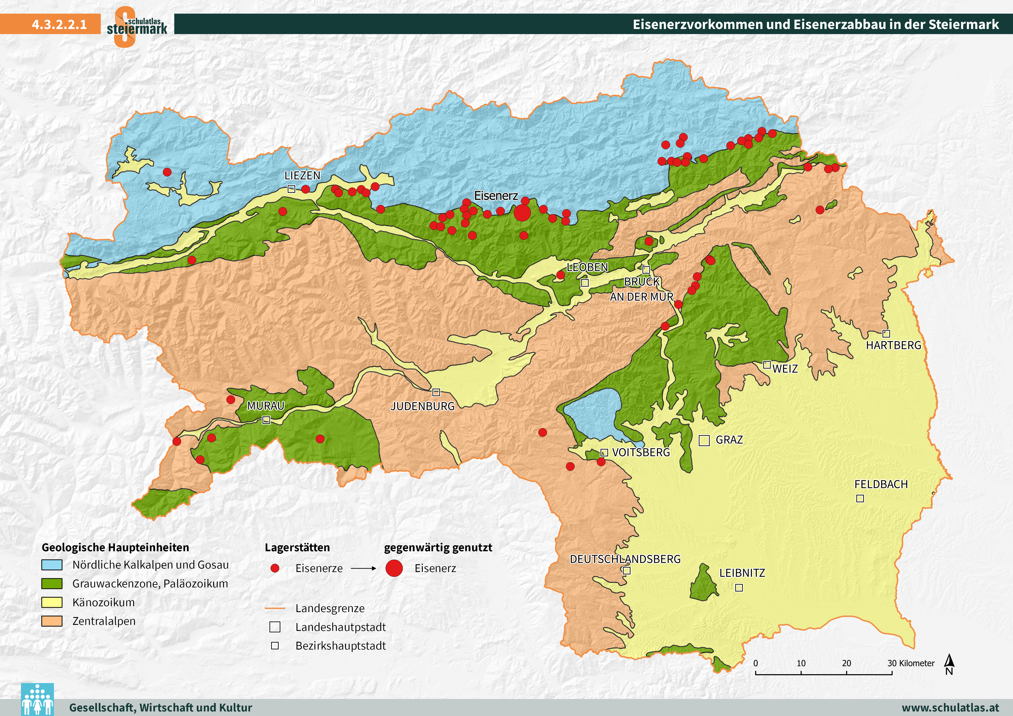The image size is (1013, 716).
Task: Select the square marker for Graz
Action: [x=704, y=440]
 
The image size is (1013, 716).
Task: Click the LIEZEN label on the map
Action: [x=302, y=176]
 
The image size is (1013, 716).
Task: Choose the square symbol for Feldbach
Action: [x=860, y=498]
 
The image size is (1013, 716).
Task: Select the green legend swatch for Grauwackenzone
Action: [x=52, y=584]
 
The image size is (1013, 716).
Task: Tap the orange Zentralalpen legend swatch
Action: [x=52, y=621]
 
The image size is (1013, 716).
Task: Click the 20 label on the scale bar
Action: [x=846, y=663]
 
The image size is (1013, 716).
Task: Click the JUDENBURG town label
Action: [x=422, y=406]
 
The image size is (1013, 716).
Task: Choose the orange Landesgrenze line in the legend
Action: [x=275, y=608]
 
